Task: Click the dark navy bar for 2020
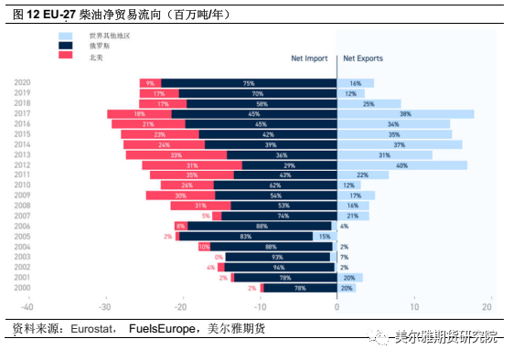pos(248,83)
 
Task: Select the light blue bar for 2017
pos(405,114)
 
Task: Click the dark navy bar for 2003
pos(276,257)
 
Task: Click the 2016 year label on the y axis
pos(24,124)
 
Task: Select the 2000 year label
pos(24,288)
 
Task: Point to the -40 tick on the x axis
pos(27,308)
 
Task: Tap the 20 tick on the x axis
pos(492,308)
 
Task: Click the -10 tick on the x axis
pos(260,308)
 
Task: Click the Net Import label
pos(309,58)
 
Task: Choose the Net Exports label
pos(363,58)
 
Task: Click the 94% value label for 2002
pos(279,268)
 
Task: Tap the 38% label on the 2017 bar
pos(405,114)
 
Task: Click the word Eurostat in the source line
pos(91,328)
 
